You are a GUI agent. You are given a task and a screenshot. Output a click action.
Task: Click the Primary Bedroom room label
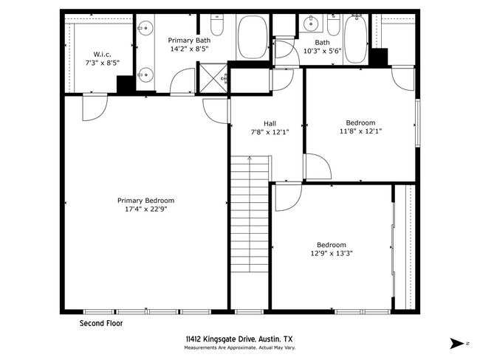[145, 200]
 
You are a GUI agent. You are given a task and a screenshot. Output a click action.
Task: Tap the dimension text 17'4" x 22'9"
[145, 209]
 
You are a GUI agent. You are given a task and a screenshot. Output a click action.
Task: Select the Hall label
[270, 123]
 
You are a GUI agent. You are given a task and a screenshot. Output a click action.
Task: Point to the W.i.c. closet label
[103, 54]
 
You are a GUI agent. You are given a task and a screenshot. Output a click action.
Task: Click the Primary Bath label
[188, 40]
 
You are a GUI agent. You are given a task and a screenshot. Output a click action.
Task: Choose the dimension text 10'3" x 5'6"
[322, 52]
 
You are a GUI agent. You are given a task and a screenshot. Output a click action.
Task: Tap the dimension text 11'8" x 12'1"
[360, 131]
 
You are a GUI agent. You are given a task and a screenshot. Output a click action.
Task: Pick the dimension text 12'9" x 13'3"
[332, 254]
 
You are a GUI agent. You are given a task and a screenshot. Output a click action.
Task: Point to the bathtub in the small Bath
[356, 38]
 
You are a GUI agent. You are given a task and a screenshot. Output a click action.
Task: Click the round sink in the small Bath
[311, 24]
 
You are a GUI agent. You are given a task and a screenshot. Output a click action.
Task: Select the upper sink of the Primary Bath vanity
[145, 28]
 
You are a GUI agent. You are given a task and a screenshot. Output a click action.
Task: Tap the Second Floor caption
[101, 323]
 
